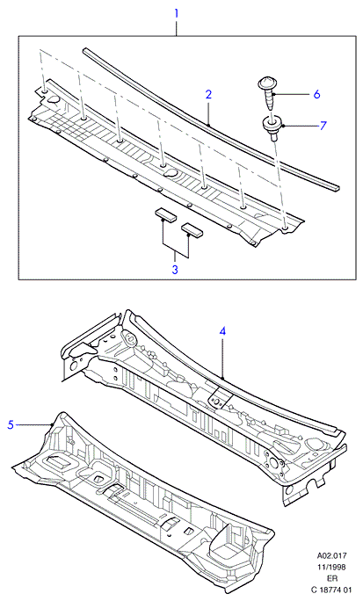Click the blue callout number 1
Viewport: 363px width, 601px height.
[x=177, y=14]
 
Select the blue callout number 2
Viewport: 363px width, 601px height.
[x=208, y=94]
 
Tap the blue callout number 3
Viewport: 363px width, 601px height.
[x=175, y=270]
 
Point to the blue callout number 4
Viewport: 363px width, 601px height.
[x=222, y=331]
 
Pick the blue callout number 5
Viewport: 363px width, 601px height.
[x=11, y=424]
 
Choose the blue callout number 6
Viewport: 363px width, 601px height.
[x=316, y=94]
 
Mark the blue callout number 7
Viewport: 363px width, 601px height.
[x=323, y=126]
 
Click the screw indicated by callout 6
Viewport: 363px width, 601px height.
[x=267, y=93]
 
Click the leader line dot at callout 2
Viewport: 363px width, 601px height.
[x=208, y=124]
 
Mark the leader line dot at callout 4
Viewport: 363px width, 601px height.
[x=222, y=379]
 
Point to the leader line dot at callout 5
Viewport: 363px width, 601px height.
[x=52, y=424]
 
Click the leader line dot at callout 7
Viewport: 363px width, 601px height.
[x=282, y=125]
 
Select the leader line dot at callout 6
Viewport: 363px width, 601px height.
[x=275, y=94]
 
